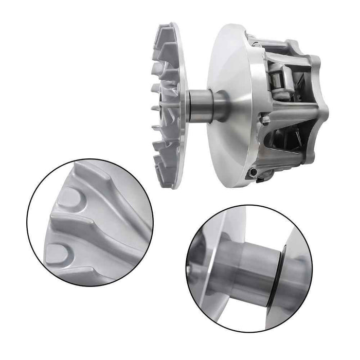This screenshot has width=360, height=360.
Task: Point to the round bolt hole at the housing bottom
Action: tap(253, 171)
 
